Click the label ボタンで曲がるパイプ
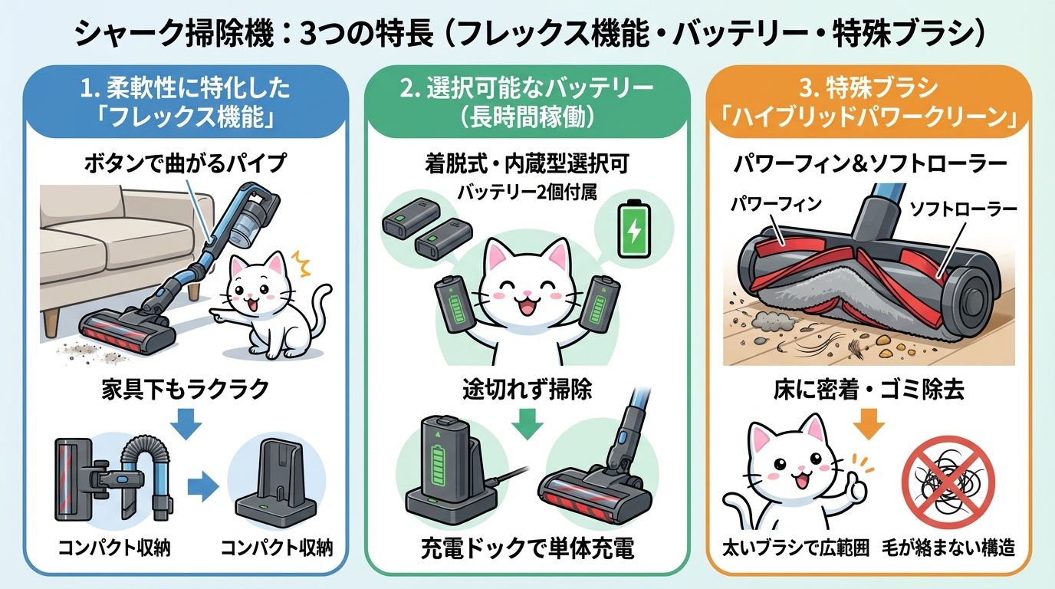point(186,163)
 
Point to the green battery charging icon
point(634,229)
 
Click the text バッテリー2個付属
point(527,192)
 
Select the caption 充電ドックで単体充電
point(527,548)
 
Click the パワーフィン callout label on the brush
point(776,204)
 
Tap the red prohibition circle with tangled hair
point(948,482)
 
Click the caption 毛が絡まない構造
point(948,548)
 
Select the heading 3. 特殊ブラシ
point(869,88)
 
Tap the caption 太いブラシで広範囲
point(796,548)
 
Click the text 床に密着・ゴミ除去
point(869,390)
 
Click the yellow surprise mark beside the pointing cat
point(301,263)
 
